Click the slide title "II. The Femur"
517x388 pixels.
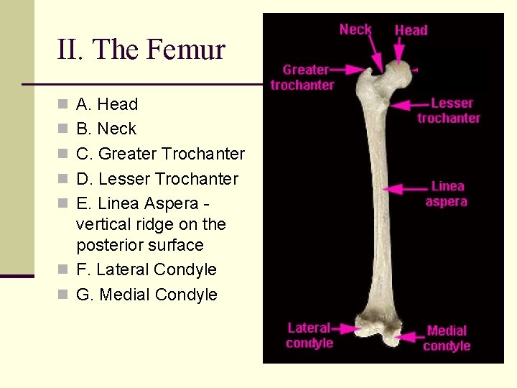(141, 50)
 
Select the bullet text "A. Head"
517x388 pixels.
(106, 104)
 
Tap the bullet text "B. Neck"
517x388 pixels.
(106, 129)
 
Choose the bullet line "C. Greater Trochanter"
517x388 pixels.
(160, 154)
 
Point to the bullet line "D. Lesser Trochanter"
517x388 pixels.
(157, 179)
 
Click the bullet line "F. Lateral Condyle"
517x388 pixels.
(146, 269)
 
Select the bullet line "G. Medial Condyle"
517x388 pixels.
(146, 295)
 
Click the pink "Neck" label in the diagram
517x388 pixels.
(355, 29)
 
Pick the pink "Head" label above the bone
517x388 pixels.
(411, 30)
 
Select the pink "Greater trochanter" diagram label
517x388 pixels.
(303, 78)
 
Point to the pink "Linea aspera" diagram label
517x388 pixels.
(447, 194)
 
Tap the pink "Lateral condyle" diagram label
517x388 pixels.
(309, 336)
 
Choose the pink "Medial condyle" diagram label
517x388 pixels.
(447, 338)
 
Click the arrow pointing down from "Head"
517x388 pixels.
(400, 52)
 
